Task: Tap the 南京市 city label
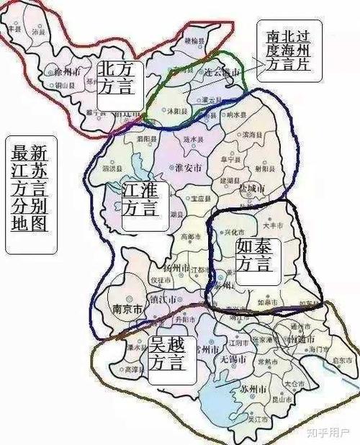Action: [x=127, y=310]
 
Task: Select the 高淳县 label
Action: [x=132, y=369]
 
